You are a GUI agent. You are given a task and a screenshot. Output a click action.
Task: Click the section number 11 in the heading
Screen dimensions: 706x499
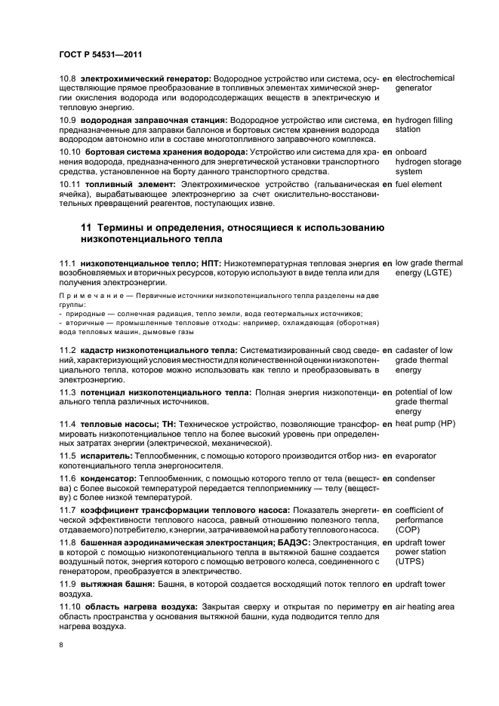pyautogui.click(x=87, y=229)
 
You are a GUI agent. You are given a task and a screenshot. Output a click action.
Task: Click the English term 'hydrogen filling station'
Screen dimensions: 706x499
pyautogui.click(x=424, y=124)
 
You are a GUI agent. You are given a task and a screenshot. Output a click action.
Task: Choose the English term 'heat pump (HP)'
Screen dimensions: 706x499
pyautogui.click(x=427, y=424)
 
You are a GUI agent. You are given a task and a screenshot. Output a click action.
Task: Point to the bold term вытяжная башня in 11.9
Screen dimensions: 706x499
pyautogui.click(x=119, y=585)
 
